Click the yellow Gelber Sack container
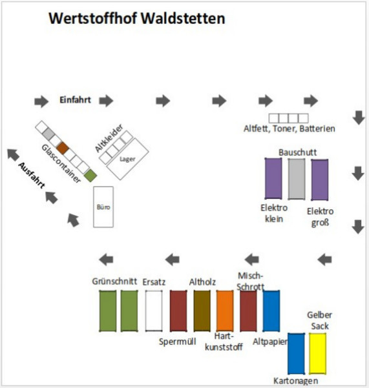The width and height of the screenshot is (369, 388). [x=317, y=354]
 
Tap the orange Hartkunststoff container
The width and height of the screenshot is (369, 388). [x=225, y=311]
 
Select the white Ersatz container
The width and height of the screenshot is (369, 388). [x=154, y=311]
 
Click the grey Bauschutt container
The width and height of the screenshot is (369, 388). [x=297, y=179]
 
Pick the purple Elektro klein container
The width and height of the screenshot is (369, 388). [x=273, y=178]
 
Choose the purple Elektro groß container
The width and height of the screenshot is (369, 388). [x=320, y=179]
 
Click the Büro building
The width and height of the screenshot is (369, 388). [x=103, y=207]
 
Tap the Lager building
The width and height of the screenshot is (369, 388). [x=127, y=159]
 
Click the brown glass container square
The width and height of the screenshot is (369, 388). [x=63, y=148]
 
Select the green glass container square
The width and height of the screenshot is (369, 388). [x=90, y=176]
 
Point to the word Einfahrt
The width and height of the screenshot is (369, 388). [x=75, y=100]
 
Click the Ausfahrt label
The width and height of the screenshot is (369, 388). [x=32, y=175]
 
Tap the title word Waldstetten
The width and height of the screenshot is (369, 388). [x=183, y=19]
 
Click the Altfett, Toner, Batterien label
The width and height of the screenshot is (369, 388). [x=290, y=128]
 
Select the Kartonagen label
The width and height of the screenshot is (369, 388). [x=296, y=381]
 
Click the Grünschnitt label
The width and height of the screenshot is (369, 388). [x=114, y=281]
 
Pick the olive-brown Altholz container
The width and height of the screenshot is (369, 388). [x=202, y=311]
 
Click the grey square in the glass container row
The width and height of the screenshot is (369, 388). [x=48, y=134]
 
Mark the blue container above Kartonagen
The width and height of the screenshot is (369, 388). [x=296, y=354]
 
